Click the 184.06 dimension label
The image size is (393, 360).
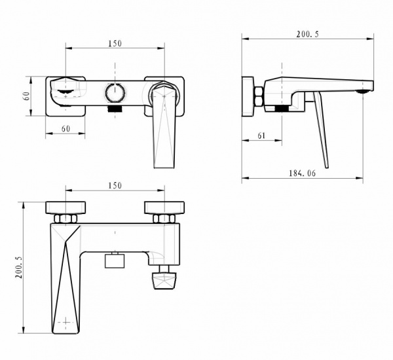(x=302, y=173)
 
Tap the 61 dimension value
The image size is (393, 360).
(x=261, y=135)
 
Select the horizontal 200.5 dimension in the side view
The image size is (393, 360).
(x=308, y=34)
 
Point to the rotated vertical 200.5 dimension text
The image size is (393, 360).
(x=19, y=267)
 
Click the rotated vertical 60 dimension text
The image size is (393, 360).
(x=26, y=96)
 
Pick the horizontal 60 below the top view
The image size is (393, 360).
(x=65, y=129)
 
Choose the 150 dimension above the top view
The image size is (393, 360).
(x=115, y=44)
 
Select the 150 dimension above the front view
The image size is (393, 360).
(x=115, y=186)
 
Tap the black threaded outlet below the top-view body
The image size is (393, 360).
(x=115, y=109)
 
